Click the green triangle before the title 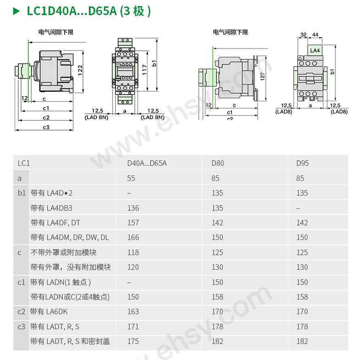click(16, 11)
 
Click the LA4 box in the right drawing click(315, 50)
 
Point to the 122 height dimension click(80, 70)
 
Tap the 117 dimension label click(144, 70)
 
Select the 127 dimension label click(263, 76)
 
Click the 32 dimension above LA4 click(303, 35)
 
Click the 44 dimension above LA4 click(315, 35)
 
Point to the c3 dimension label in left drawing click(46, 127)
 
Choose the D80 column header click(218, 163)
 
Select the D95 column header click(302, 163)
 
